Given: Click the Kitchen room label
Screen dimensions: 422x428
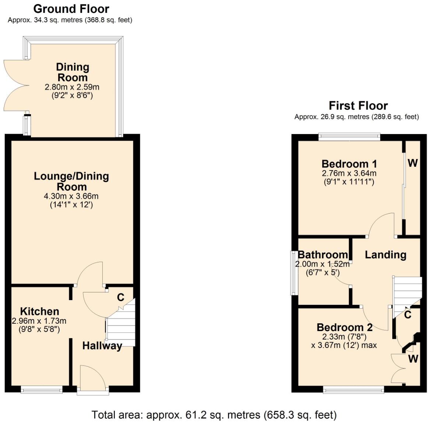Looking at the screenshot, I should pos(39,311).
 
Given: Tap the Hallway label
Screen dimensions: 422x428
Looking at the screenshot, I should pos(102,346).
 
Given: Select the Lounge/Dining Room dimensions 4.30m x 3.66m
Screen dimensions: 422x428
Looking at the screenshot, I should pos(71,196).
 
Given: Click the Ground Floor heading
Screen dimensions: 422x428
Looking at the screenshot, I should pos(71,8).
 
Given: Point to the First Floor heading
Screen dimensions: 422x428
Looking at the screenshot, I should pos(358,106).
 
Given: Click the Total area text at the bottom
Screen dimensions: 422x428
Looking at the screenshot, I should pos(214,415).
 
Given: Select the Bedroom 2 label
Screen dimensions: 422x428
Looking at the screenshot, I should pos(344,327).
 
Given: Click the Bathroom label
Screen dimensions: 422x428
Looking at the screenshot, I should pos(323,254).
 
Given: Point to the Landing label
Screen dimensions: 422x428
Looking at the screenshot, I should pos(385,254).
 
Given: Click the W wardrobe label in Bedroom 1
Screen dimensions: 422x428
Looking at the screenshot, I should pos(413,163).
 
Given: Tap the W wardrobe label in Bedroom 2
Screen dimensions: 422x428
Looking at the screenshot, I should pos(413,358).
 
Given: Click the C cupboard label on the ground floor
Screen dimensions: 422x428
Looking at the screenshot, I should pos(120,297).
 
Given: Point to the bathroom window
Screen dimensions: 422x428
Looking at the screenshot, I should pos(294,273).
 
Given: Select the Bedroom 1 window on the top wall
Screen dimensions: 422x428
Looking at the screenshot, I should pos(349,137).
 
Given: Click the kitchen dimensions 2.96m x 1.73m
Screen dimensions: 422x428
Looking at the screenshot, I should pos(39,321).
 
